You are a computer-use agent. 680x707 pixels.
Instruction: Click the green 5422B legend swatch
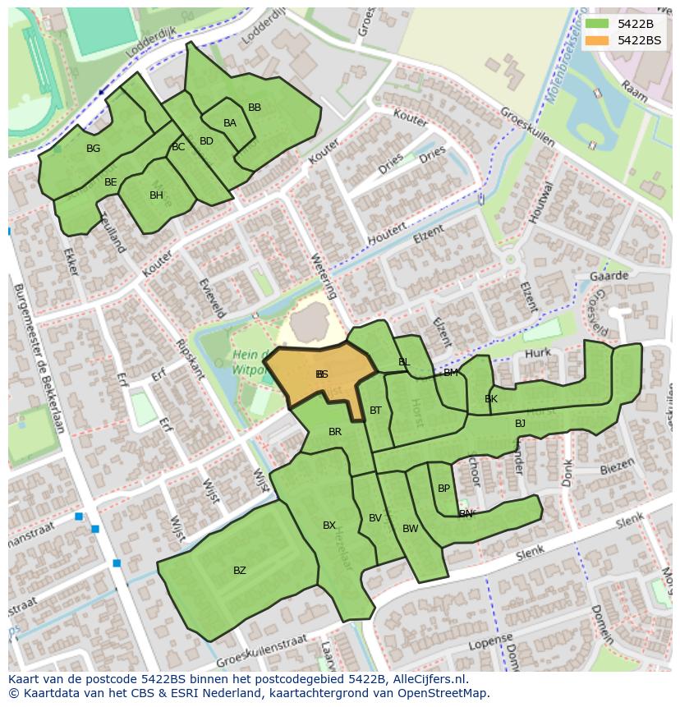(x=597, y=23)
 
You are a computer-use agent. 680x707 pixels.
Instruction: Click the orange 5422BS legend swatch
(x=597, y=39)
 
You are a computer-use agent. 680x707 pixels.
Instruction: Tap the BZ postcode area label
(x=239, y=570)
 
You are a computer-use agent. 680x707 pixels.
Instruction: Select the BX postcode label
(x=329, y=526)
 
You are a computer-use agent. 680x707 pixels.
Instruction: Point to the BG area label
(x=93, y=149)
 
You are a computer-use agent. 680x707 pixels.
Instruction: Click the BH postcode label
(x=156, y=195)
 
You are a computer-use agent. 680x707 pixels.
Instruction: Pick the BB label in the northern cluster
(x=255, y=108)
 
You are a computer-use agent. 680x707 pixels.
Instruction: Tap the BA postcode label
(x=230, y=123)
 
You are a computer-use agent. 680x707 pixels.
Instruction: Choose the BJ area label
(x=520, y=424)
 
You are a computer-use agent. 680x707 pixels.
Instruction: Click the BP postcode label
(x=443, y=488)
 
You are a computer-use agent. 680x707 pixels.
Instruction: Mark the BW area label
(x=410, y=529)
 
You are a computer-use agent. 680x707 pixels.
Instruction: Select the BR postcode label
(x=335, y=432)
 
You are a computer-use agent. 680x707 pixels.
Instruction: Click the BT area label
(x=375, y=411)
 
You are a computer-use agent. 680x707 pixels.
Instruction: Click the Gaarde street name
(x=609, y=276)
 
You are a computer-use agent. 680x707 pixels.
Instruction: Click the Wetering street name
(x=324, y=275)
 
